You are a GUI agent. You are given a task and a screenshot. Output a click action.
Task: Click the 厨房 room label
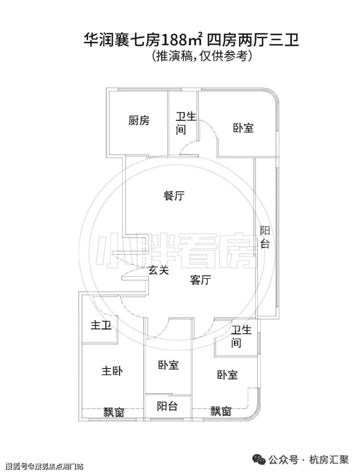pos(139,120)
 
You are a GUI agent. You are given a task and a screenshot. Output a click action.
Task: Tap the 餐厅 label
pos(174,195)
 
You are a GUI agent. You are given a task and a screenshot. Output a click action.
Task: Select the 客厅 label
pos(200,280)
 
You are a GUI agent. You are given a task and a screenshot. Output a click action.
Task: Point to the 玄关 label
pos(158,270)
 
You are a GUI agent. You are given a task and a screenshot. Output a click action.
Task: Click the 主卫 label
pos(101,325)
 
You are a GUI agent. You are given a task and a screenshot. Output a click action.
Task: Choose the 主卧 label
pos(112,371)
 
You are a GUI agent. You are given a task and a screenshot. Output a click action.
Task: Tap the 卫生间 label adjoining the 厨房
pos(186,123)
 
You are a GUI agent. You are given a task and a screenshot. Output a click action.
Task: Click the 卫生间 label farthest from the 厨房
pos(241,336)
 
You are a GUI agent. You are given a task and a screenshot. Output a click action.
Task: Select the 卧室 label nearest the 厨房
pos(243,128)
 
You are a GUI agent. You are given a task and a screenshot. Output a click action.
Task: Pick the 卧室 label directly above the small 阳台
pos(168,365)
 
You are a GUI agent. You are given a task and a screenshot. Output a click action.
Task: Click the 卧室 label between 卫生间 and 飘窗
pos(228,375)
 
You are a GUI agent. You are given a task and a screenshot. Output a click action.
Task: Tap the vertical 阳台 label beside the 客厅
pos(265,237)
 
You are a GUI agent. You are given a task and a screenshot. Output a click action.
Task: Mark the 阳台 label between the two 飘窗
pos(167,406)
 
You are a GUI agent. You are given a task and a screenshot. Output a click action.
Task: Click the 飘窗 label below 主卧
pos(114,412)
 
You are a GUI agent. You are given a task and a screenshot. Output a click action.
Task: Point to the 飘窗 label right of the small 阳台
pos(221,411)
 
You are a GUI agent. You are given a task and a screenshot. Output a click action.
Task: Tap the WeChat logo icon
pos(259,460)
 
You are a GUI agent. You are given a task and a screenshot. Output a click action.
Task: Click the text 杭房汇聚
pos(328,460)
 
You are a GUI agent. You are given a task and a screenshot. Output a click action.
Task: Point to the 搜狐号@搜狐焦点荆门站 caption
pos(44,466)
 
